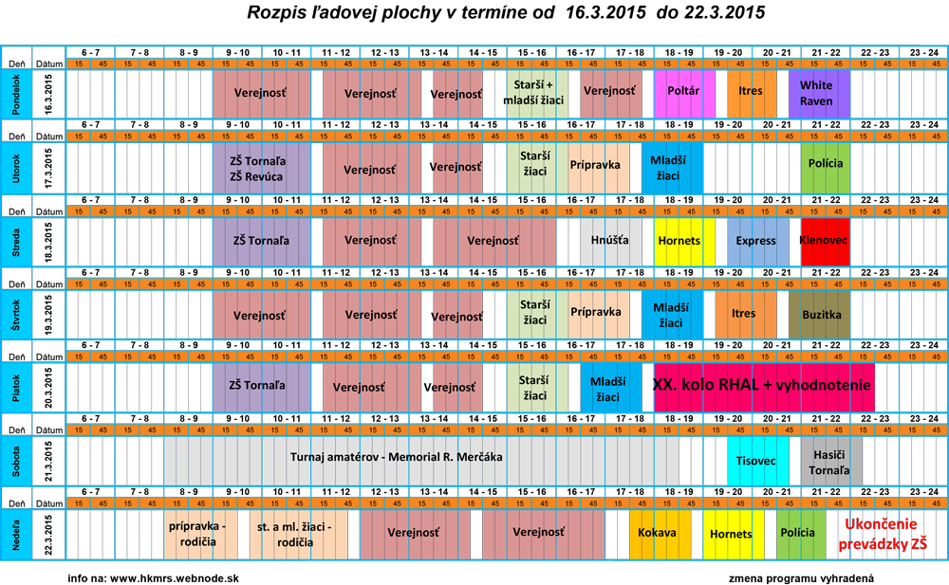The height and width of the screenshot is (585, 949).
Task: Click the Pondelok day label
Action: [16, 94]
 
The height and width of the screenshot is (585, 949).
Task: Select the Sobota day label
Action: [16, 460]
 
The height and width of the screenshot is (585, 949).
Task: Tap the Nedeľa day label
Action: [16, 534]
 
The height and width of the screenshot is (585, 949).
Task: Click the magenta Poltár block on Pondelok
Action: [684, 93]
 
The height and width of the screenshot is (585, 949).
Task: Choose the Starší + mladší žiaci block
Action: [537, 93]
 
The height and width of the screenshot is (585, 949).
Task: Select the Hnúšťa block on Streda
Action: [610, 241]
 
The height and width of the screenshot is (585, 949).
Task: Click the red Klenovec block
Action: [825, 241]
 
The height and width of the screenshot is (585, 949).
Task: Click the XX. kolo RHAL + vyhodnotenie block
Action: [763, 386]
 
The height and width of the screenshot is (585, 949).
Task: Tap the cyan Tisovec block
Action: [757, 461]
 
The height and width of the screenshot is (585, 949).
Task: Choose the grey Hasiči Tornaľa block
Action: [831, 461]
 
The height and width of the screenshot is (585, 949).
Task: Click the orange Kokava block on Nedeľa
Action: [660, 533]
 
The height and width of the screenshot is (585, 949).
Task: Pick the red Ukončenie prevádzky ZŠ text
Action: [882, 534]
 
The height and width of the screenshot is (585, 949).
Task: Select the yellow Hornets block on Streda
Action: [679, 241]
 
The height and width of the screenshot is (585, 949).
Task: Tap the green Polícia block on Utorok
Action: [825, 165]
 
